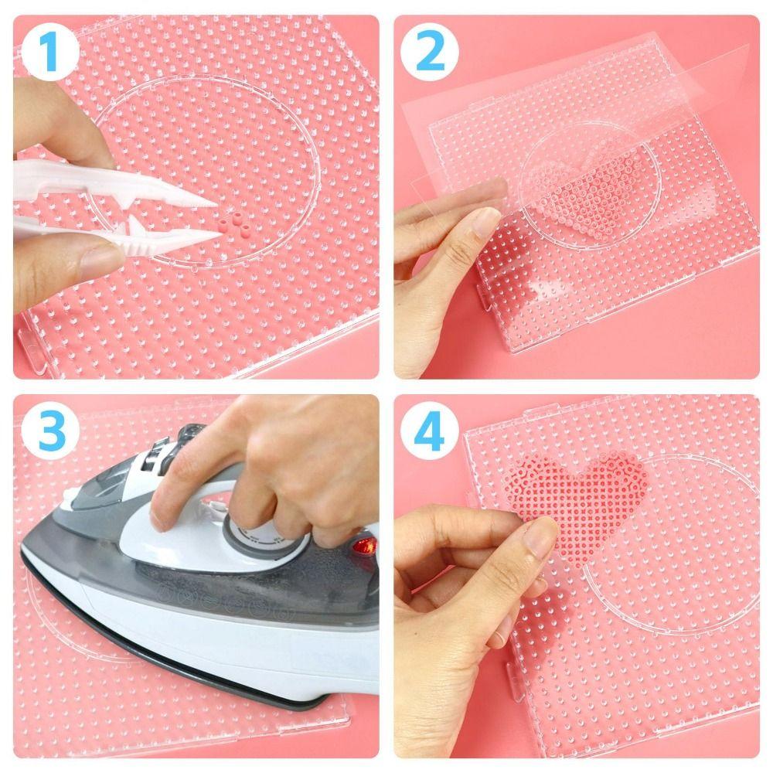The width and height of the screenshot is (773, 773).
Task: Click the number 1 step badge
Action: point(49,50)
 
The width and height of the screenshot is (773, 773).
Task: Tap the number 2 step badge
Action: point(430,50)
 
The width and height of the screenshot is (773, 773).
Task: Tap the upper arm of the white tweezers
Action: point(116,186)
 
